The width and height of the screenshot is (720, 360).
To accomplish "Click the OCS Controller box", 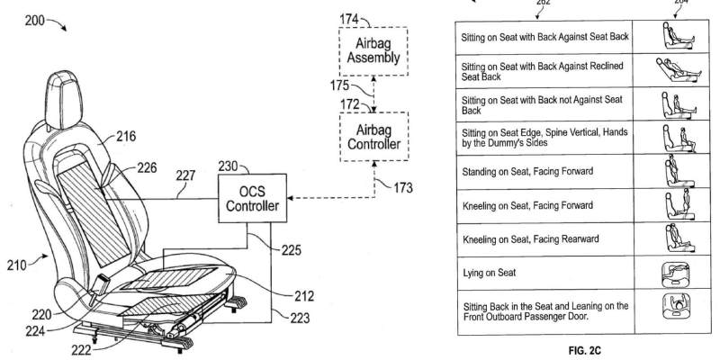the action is click(x=252, y=198).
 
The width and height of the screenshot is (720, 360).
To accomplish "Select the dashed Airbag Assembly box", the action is click(x=373, y=51).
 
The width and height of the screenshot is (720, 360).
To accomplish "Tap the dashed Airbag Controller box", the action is click(x=374, y=137).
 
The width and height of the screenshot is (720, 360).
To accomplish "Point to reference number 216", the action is click(x=125, y=137).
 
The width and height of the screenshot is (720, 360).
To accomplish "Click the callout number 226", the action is click(x=147, y=168).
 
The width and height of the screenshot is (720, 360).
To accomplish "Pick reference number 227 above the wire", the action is click(x=185, y=175).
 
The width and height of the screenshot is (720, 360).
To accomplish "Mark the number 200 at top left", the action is click(x=35, y=21).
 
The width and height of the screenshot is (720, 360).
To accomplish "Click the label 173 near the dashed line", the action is click(x=402, y=188).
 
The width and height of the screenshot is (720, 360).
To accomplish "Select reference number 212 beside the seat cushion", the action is click(x=304, y=297).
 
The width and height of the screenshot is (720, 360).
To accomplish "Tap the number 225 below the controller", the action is click(x=291, y=250).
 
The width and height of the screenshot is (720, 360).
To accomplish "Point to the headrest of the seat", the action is click(x=65, y=100).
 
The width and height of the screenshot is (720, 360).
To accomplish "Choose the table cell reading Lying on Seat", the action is click(x=545, y=273).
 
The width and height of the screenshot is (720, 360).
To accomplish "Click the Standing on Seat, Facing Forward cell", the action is click(x=545, y=171).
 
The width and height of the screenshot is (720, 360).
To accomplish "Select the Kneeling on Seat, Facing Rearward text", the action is click(x=531, y=239).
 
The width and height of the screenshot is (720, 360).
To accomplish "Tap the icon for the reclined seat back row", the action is click(x=679, y=70).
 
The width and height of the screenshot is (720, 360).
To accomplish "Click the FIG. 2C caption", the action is click(x=584, y=350).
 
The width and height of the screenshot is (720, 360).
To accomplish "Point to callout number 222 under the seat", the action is click(x=81, y=350).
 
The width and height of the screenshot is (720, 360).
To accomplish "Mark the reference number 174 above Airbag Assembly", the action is click(x=349, y=19).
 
